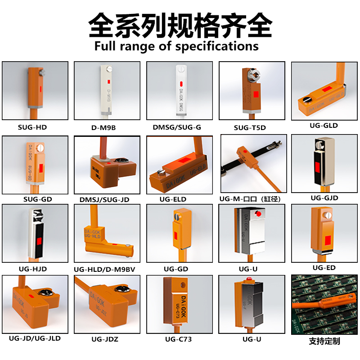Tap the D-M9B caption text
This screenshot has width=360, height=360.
[x=103, y=127]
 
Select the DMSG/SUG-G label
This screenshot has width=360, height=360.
[x=177, y=127]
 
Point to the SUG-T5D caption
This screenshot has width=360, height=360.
[x=250, y=128]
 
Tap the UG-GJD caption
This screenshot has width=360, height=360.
[x=324, y=198]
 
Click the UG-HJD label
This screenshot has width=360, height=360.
[x=33, y=269]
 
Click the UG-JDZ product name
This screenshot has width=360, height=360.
[x=104, y=339]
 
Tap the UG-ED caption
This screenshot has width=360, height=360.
[x=324, y=268]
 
